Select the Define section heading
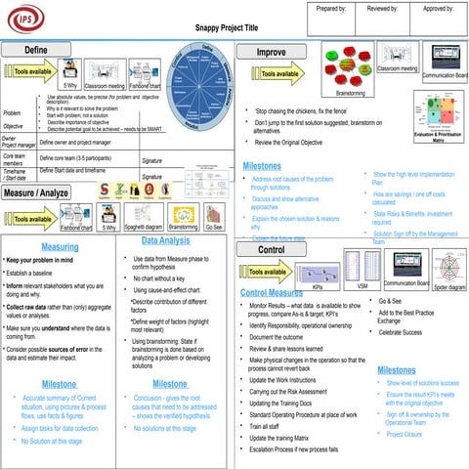click(x=36, y=49)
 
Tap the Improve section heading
click(x=271, y=52)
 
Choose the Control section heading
click(x=271, y=250)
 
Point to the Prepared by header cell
click(x=332, y=8)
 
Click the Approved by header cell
click(x=438, y=8)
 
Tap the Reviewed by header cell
click(x=385, y=8)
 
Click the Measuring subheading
click(x=61, y=247)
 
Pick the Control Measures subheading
click(x=271, y=293)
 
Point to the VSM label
click(x=362, y=287)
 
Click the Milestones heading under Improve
click(x=269, y=165)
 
